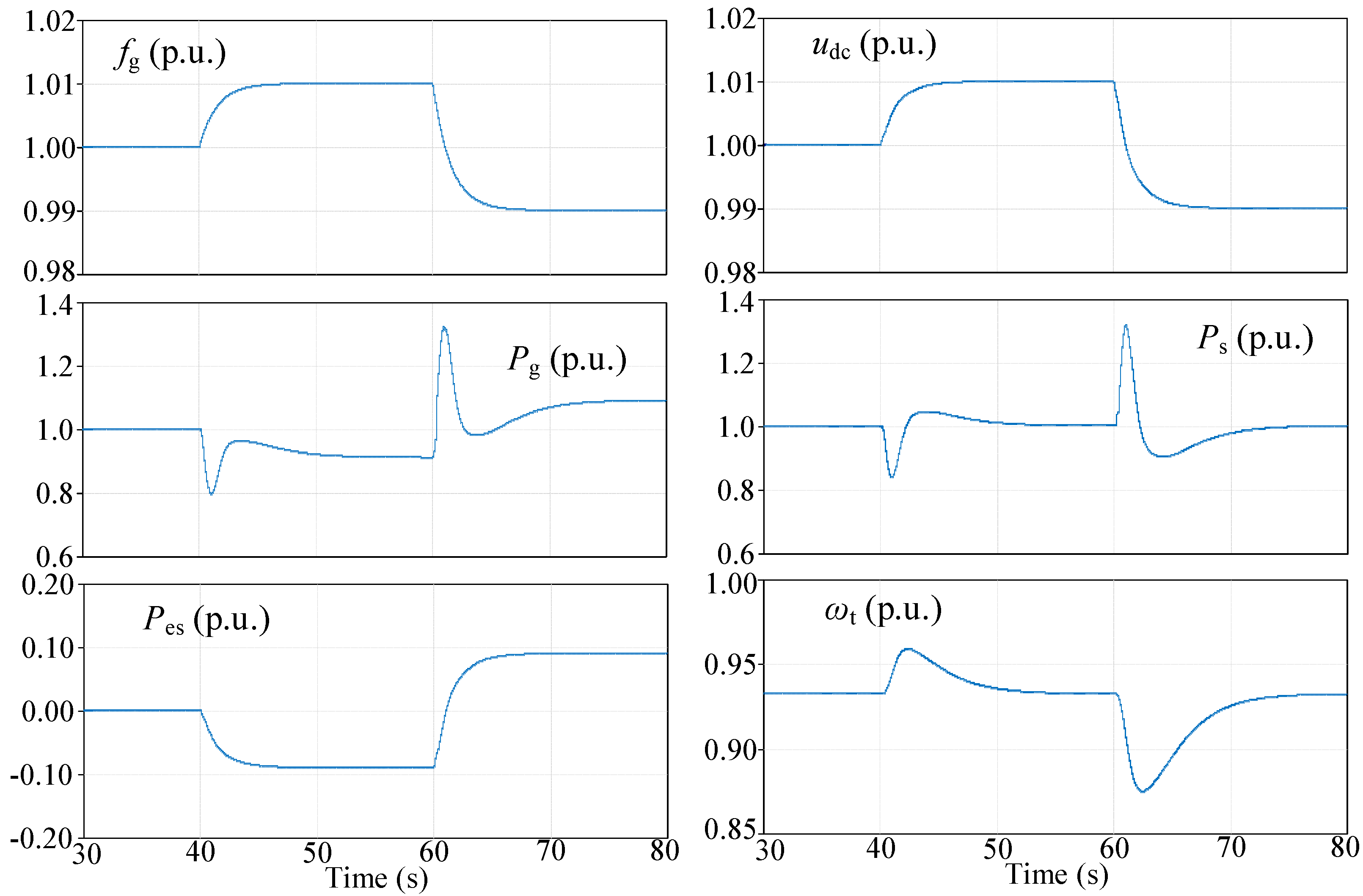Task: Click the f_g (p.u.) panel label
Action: coord(170,55)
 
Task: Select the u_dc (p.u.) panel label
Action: coord(873,46)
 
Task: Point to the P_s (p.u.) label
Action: coord(1255,339)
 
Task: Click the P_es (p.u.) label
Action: coord(206,620)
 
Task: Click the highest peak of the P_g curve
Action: coord(444,328)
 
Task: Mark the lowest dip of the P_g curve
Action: coord(211,494)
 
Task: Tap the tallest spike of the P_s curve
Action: coord(1126,325)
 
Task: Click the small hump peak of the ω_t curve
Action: coord(908,649)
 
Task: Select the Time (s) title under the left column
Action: coord(376,878)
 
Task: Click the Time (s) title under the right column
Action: coord(1057,875)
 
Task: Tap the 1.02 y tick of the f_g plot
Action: coord(50,22)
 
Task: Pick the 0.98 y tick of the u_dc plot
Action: coord(730,273)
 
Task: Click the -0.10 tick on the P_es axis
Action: coord(41,775)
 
